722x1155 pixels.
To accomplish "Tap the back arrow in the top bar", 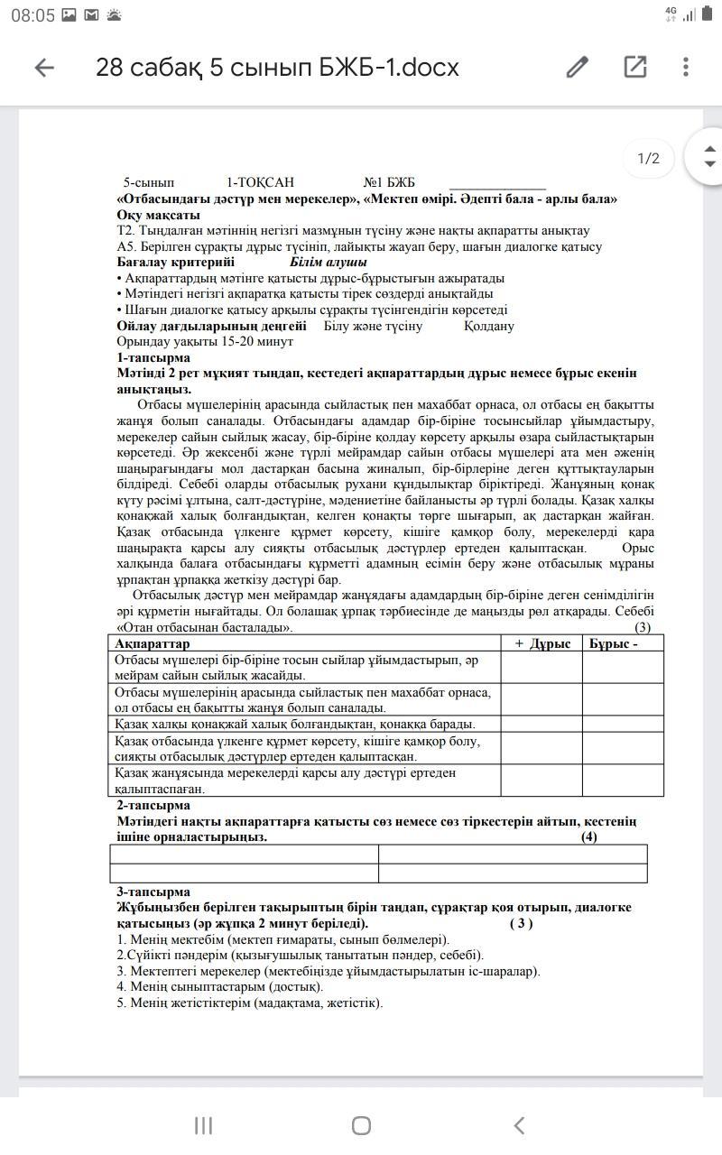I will (x=44, y=68).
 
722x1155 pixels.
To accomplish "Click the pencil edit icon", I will (x=578, y=68).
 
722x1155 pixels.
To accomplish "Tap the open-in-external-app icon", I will (x=635, y=68).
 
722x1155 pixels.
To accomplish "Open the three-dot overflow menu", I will (x=686, y=68).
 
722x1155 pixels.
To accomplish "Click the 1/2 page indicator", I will (x=649, y=159).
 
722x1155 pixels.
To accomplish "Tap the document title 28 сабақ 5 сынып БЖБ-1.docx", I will (x=277, y=68).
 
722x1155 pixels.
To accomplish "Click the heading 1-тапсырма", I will (x=153, y=357).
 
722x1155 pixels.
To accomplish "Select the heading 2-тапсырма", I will (x=153, y=805).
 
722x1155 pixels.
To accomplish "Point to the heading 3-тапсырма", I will (x=153, y=892).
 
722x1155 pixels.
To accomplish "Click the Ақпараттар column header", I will (x=153, y=643).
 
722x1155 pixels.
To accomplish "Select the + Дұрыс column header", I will (x=542, y=643).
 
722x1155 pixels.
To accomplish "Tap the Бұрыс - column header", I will (x=614, y=643).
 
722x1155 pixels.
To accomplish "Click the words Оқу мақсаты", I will (x=158, y=215).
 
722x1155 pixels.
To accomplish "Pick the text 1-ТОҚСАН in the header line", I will (x=260, y=182).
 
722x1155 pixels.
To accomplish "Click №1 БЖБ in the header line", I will (x=389, y=182).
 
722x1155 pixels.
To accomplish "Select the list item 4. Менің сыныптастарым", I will (x=219, y=986).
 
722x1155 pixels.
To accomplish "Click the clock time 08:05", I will (x=33, y=15).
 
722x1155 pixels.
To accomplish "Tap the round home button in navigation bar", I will (x=361, y=1125).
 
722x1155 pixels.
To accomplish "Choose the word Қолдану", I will (x=489, y=326).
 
